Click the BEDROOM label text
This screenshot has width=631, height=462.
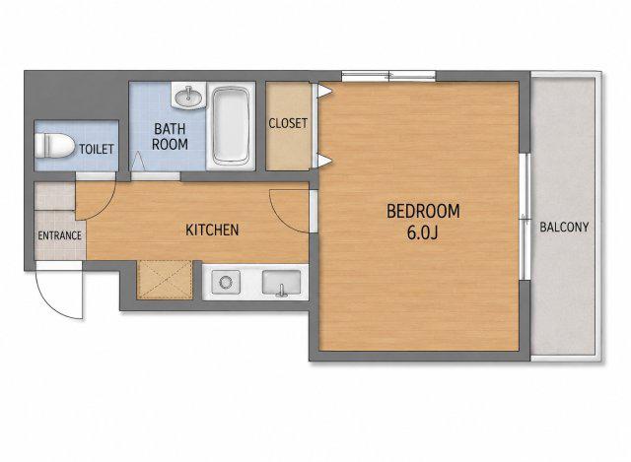click(x=423, y=212)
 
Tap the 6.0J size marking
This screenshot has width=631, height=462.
click(x=422, y=232)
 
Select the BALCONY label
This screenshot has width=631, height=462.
click(x=564, y=228)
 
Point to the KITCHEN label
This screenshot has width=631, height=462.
click(x=212, y=230)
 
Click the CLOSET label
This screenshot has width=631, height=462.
click(x=288, y=123)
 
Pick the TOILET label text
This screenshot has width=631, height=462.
click(x=97, y=149)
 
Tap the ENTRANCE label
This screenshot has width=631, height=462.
click(x=59, y=235)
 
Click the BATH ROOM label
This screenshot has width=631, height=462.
click(x=170, y=137)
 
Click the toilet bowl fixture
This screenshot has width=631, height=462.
click(x=54, y=145)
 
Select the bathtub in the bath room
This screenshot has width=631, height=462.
click(x=231, y=126)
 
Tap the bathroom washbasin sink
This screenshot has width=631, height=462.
click(x=188, y=96)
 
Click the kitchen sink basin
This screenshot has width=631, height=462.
click(x=281, y=283)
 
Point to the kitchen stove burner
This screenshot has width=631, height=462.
click(x=226, y=282)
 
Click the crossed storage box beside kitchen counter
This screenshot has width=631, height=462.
click(x=165, y=280)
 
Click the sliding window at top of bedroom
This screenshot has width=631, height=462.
click(x=388, y=76)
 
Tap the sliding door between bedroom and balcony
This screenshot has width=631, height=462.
click(x=525, y=217)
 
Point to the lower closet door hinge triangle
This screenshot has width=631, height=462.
click(x=324, y=161)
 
